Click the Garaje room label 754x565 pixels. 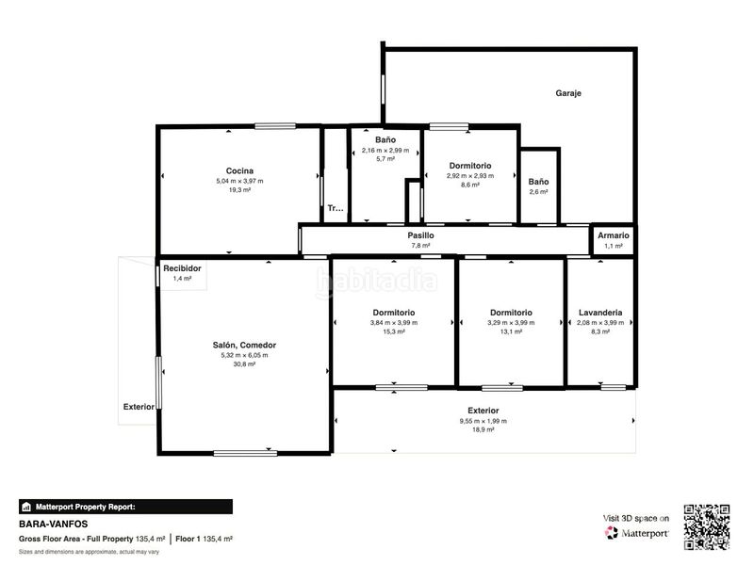pyautogui.click(x=568, y=93)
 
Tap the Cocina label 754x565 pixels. pyautogui.click(x=239, y=170)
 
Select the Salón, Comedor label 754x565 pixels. pyautogui.click(x=244, y=345)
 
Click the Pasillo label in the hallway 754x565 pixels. pyautogui.click(x=420, y=235)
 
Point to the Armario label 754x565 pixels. pyautogui.click(x=614, y=235)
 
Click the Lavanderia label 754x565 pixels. pyautogui.click(x=600, y=313)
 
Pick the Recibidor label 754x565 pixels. pyautogui.click(x=182, y=268)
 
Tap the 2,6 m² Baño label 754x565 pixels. pyautogui.click(x=538, y=182)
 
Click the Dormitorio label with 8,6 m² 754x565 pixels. pyautogui.click(x=469, y=166)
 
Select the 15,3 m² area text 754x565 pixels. pyautogui.click(x=394, y=332)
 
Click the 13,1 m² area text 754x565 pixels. pyautogui.click(x=511, y=332)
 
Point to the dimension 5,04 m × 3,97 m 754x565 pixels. pyautogui.click(x=239, y=181)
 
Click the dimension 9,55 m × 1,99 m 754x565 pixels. pyautogui.click(x=483, y=421)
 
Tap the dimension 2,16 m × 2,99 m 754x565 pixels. pyautogui.click(x=385, y=151)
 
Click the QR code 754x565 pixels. pyautogui.click(x=706, y=527)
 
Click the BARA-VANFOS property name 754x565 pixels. pyautogui.click(x=54, y=525)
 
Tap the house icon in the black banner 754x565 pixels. pyautogui.click(x=26, y=507)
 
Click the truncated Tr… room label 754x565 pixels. pyautogui.click(x=336, y=208)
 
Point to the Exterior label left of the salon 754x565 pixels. pyautogui.click(x=139, y=407)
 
